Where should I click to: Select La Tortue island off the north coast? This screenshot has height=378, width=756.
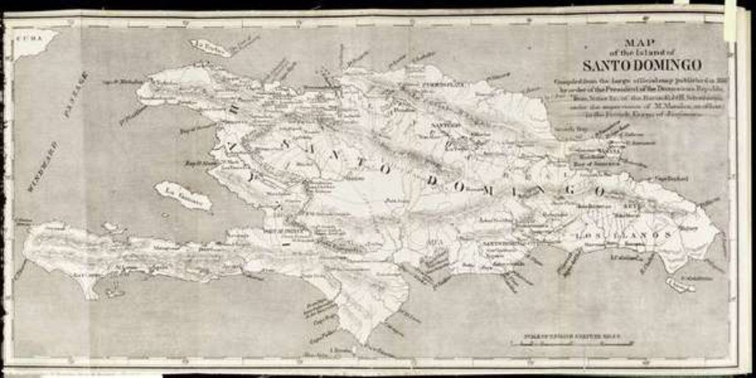pos(210,48)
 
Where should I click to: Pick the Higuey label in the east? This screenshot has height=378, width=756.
pos(687,228)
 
